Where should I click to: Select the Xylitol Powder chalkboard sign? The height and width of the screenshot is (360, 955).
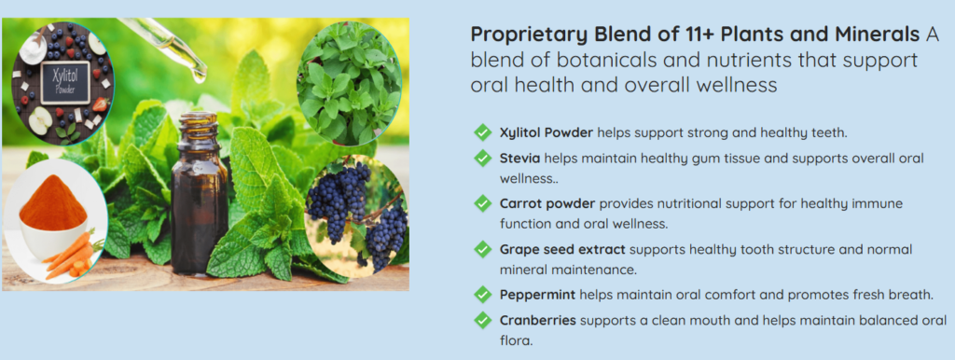[x=64, y=83]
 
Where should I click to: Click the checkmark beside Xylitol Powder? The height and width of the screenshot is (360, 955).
[x=482, y=132]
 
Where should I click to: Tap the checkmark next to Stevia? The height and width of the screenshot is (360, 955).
[x=482, y=159]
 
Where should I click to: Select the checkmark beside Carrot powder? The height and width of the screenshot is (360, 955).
[x=482, y=203]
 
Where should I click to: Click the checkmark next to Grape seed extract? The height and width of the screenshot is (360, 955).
[x=482, y=249]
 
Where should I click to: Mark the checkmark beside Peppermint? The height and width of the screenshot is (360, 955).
[x=482, y=295]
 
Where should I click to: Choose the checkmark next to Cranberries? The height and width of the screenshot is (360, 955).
[x=482, y=321]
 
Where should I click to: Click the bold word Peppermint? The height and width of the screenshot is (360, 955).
[x=538, y=296]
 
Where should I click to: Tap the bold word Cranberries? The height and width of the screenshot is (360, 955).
[x=538, y=321]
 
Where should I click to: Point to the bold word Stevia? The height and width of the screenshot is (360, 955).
[x=520, y=159]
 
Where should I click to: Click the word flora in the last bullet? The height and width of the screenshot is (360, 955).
[x=516, y=340]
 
